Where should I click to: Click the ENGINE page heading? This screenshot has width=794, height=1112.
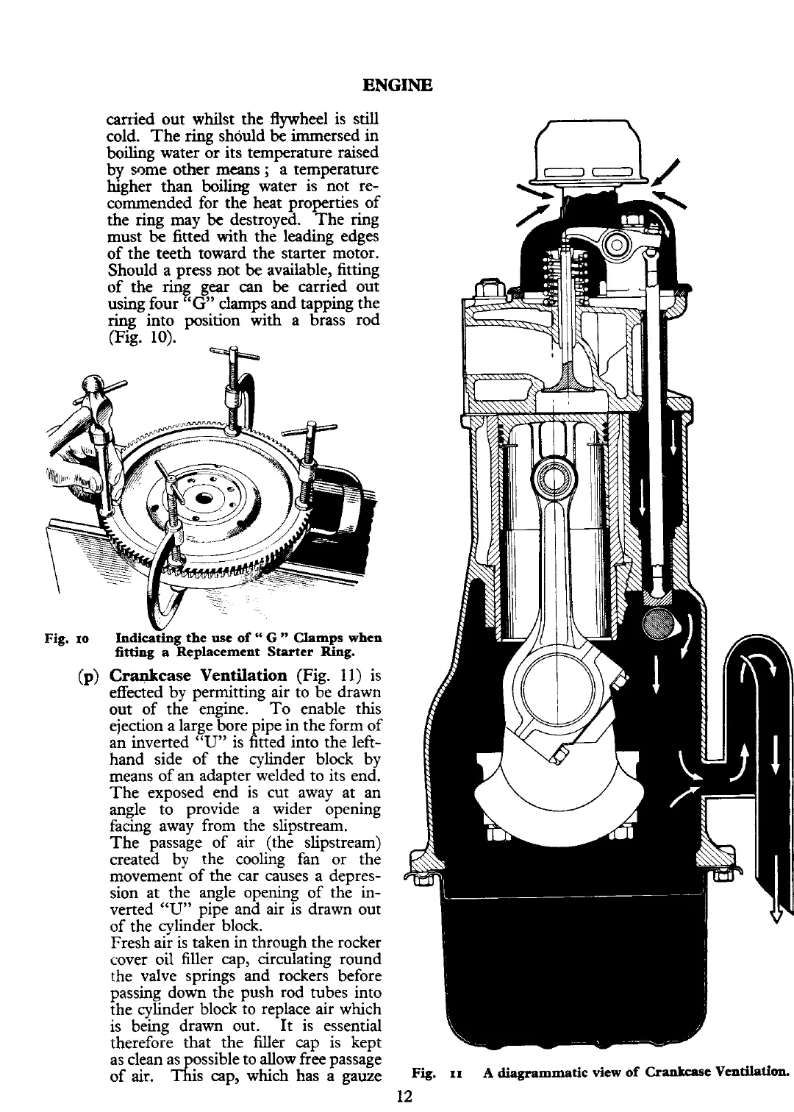pyautogui.click(x=397, y=85)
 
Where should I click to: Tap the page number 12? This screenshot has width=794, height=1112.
pyautogui.click(x=402, y=1096)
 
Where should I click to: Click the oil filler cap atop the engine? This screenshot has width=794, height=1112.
pyautogui.click(x=593, y=155)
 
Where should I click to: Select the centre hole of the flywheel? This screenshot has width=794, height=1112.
pyautogui.click(x=206, y=498)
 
